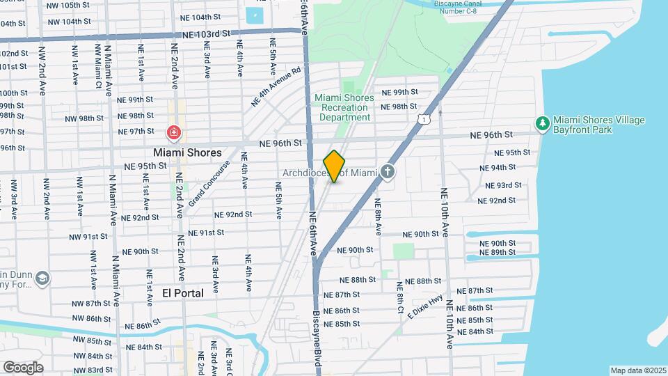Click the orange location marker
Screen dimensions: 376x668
coord(335,166)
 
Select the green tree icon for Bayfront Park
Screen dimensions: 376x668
coord(542,123)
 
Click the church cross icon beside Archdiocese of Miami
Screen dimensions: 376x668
coord(388,171)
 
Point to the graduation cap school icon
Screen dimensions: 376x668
coord(42,279)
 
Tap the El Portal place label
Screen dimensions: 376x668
coord(183,293)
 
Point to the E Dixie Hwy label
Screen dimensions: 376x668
coord(425,306)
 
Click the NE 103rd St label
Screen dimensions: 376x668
coord(207,33)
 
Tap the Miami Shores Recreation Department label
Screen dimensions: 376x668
coord(344,107)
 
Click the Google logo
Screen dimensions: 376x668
coord(23,368)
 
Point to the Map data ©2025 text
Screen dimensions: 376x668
coord(638,370)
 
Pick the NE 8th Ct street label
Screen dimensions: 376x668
coord(400,297)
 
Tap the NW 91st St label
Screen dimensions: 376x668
coord(88,237)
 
